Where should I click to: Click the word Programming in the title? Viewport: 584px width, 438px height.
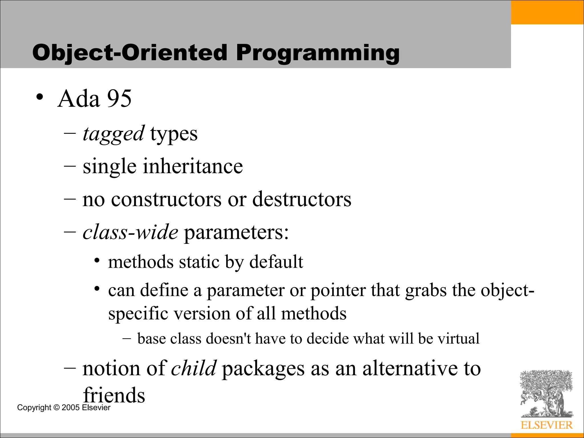point(318,53)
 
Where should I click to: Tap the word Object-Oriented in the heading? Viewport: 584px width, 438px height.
point(130,53)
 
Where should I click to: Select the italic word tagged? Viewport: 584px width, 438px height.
point(113,133)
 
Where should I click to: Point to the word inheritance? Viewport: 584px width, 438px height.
point(193,166)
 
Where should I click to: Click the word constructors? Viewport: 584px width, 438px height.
point(166,199)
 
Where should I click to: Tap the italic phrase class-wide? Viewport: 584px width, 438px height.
point(130,232)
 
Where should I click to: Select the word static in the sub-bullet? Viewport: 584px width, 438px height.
point(199,262)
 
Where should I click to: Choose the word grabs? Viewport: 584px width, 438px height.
point(426,291)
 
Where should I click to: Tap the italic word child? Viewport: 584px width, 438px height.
point(194,368)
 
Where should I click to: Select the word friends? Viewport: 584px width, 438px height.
point(114,395)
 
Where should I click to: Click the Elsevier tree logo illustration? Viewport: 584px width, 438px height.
point(546,394)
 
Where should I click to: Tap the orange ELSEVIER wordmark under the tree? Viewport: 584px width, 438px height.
point(547,425)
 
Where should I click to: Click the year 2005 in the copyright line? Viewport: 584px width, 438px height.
point(70,407)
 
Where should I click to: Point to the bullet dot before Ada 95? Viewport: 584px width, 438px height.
point(40,97)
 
